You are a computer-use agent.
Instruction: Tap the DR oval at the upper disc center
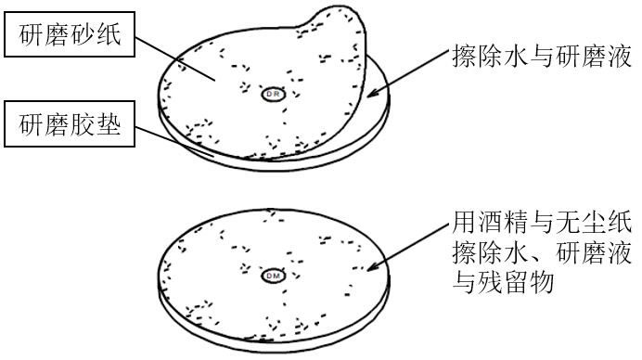[x=274, y=94]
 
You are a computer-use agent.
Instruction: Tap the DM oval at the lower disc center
[x=274, y=275]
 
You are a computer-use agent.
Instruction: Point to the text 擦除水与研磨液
[x=544, y=58]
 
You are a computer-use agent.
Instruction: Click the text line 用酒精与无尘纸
[x=544, y=224]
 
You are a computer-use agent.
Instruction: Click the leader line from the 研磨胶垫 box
[x=175, y=139]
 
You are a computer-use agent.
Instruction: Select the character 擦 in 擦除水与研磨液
[x=466, y=58]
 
